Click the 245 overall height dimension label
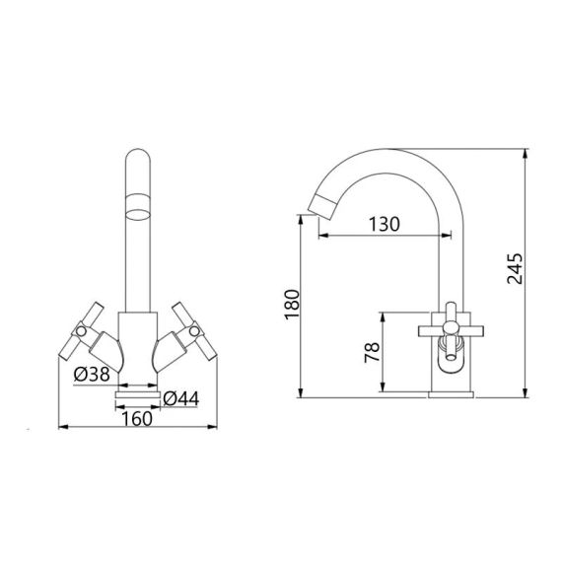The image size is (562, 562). pos(515,269)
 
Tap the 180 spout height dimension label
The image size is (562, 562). pos(292,305)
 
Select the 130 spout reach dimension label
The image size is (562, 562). pos(384,225)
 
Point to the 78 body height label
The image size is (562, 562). pos(372,352)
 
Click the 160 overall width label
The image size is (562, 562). pos(137,419)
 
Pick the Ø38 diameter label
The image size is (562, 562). pos(92,375)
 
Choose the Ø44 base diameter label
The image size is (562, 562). pos(181,398)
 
